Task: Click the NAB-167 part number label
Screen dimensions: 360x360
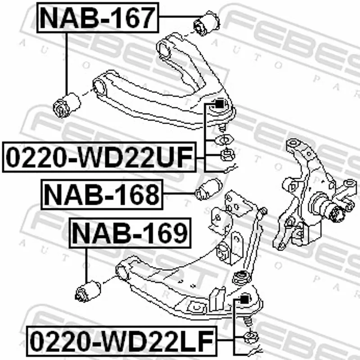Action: click(x=98, y=18)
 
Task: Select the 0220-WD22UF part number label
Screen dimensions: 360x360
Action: click(x=99, y=157)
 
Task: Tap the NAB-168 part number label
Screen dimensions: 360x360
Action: click(x=102, y=194)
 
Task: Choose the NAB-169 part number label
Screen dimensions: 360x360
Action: click(x=130, y=233)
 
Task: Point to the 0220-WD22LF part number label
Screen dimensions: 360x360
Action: click(x=121, y=341)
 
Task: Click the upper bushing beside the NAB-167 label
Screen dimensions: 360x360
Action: click(x=207, y=23)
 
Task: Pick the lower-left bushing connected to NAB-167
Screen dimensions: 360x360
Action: click(x=67, y=105)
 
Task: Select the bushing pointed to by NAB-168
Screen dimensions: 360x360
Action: click(x=208, y=189)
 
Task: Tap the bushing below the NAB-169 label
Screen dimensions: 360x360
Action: click(x=88, y=291)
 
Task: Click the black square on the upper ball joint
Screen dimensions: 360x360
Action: click(x=219, y=104)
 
